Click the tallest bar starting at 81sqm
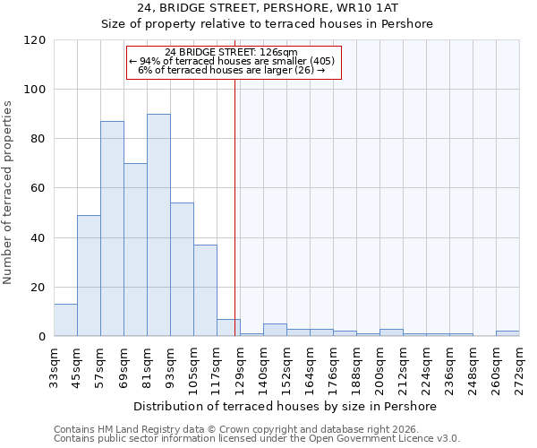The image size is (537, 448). (x=158, y=225)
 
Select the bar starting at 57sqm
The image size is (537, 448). (x=112, y=228)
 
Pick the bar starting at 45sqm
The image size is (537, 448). (x=89, y=275)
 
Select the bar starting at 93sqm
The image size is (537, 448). (x=182, y=269)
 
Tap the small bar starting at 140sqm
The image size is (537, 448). (x=275, y=330)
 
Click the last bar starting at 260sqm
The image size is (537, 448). (x=507, y=333)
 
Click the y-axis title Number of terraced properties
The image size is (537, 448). (x=8, y=193)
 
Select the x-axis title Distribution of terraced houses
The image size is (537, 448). (x=286, y=406)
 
